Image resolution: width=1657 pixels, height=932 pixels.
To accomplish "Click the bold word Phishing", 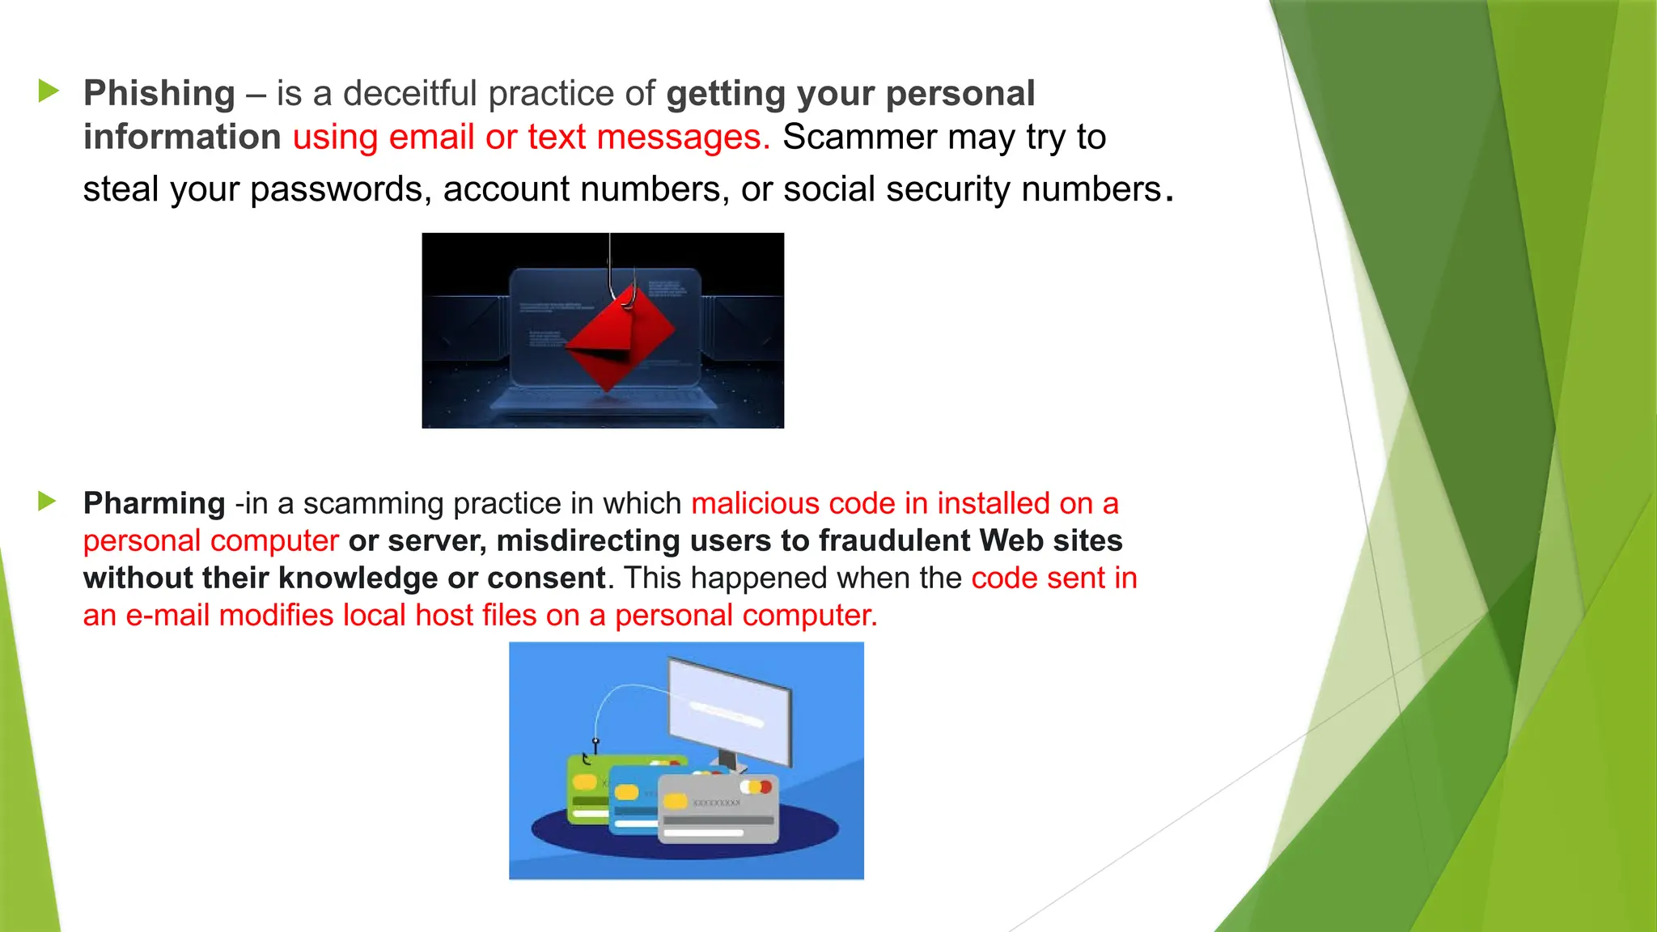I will point(159,94).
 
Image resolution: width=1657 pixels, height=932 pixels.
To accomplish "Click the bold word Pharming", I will point(154,503).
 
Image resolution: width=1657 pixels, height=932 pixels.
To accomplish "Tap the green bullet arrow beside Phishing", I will point(49,91).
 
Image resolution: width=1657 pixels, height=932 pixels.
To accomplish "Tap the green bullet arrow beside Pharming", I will point(47,502).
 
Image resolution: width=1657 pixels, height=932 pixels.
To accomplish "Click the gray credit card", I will point(718,809).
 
